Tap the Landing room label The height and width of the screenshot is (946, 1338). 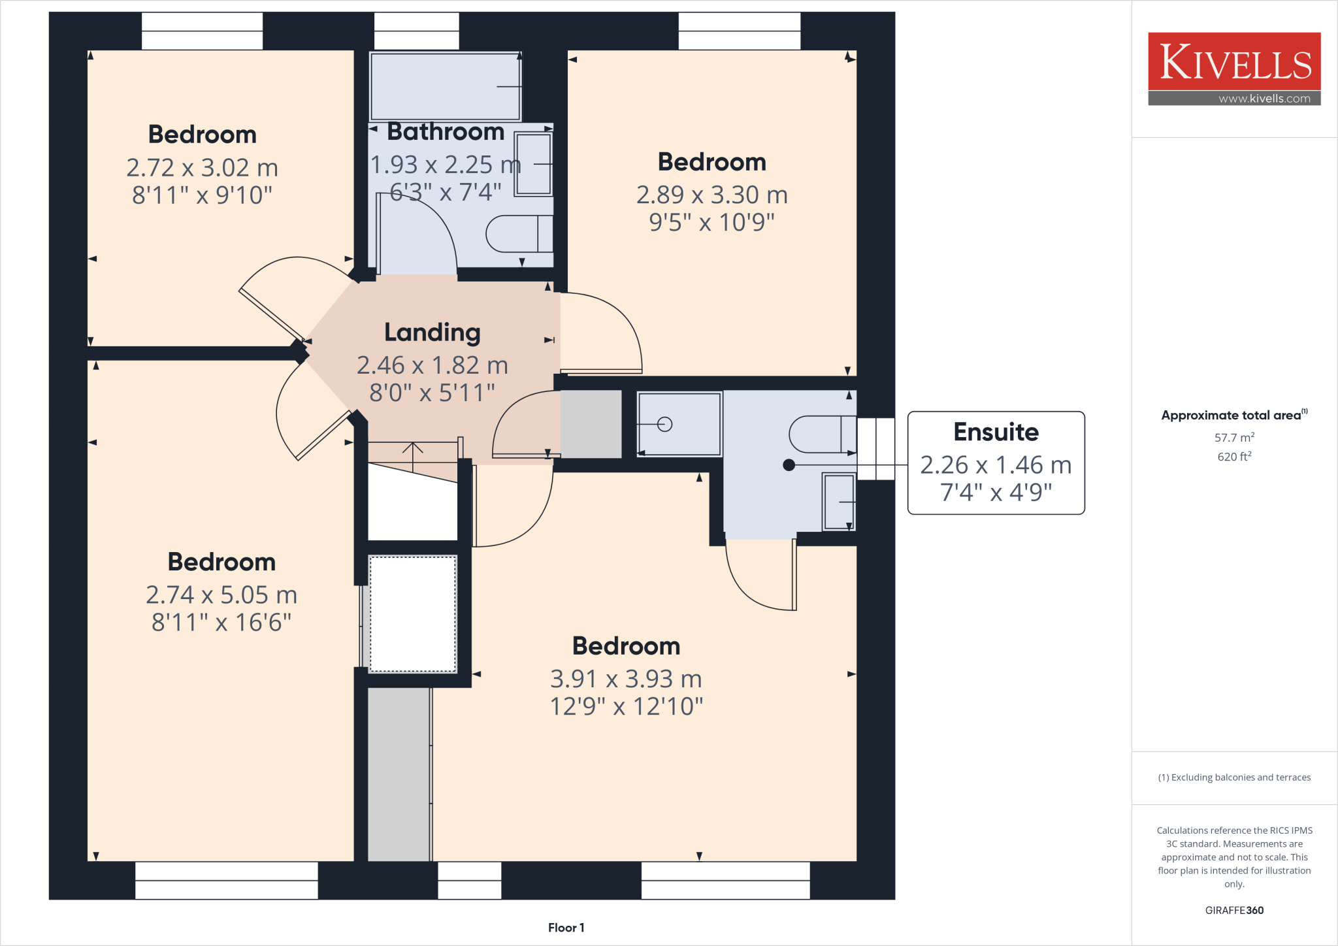[x=432, y=333]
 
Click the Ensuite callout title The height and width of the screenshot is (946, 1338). [x=996, y=432]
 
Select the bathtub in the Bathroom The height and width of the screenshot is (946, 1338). [x=446, y=86]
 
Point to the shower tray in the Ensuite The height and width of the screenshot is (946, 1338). [x=679, y=424]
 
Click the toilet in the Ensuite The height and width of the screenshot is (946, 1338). [x=822, y=434]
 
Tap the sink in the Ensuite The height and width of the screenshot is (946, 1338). [x=839, y=502]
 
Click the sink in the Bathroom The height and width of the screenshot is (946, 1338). [x=533, y=164]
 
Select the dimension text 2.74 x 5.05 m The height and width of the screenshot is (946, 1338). [x=221, y=595]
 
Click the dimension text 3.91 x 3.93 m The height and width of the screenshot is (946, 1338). [x=626, y=679]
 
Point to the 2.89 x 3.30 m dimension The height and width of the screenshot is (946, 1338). [x=712, y=195]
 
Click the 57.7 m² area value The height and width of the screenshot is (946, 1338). [x=1234, y=438]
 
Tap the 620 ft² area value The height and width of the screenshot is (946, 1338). [x=1234, y=457]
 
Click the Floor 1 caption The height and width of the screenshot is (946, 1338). [x=566, y=928]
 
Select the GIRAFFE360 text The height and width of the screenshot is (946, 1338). [x=1234, y=910]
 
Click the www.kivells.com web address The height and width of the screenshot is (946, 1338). [x=1264, y=99]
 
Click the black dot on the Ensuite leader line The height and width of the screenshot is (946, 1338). [x=789, y=465]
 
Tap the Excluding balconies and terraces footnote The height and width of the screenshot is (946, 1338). [x=1234, y=777]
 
